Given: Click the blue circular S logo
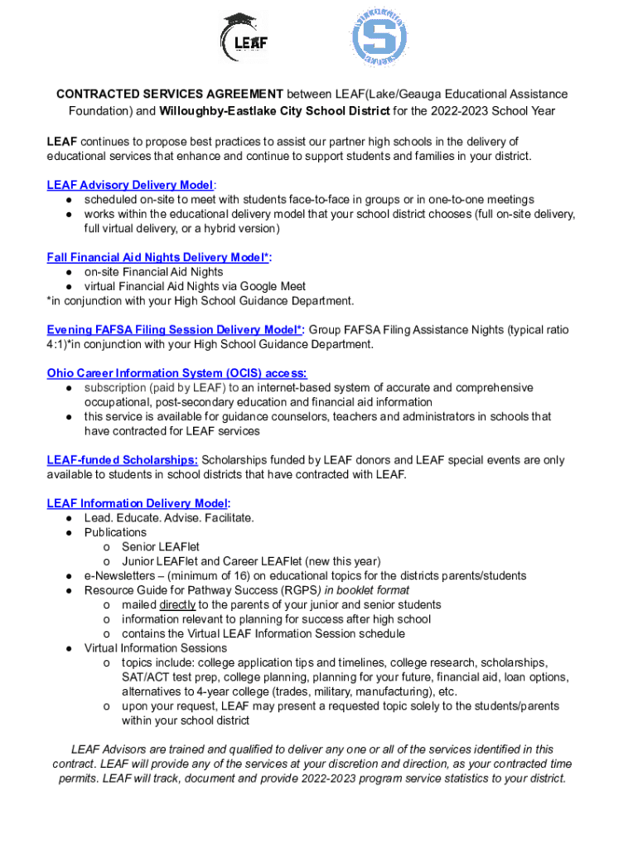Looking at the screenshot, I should [380, 38].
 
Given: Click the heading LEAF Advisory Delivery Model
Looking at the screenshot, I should [130, 185].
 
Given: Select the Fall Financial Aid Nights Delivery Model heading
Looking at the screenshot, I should [158, 257].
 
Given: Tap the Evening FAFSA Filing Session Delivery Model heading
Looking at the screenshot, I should [174, 329].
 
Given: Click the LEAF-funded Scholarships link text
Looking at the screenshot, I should [123, 459].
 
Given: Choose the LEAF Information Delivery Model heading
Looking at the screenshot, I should [138, 503].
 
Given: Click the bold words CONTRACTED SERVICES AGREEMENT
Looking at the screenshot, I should [170, 95].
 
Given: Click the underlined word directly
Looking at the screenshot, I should [177, 604].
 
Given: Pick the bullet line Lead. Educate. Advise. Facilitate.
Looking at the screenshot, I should [169, 517].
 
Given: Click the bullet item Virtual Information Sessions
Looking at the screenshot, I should [156, 648].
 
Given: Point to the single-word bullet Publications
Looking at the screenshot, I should [115, 532].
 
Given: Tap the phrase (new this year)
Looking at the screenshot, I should [341, 561].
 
